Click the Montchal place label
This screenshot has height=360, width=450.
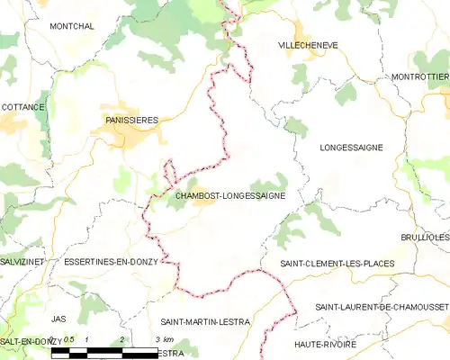[x=72, y=27]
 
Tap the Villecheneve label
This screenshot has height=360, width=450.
[x=309, y=44]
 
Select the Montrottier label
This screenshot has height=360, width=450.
[x=420, y=77]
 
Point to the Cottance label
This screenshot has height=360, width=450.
[x=23, y=107]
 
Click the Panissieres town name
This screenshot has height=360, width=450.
[x=131, y=119]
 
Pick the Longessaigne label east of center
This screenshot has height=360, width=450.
[x=351, y=147]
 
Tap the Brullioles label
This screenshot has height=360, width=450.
[x=425, y=237]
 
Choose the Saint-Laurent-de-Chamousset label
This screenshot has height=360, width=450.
[x=382, y=308]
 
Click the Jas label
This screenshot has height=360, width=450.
[x=59, y=319]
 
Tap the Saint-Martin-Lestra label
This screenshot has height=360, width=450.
[x=205, y=321]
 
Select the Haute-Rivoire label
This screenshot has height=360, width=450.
[x=325, y=345]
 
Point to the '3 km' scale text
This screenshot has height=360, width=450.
[x=163, y=339]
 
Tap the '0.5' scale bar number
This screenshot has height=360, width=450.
[x=68, y=339]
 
